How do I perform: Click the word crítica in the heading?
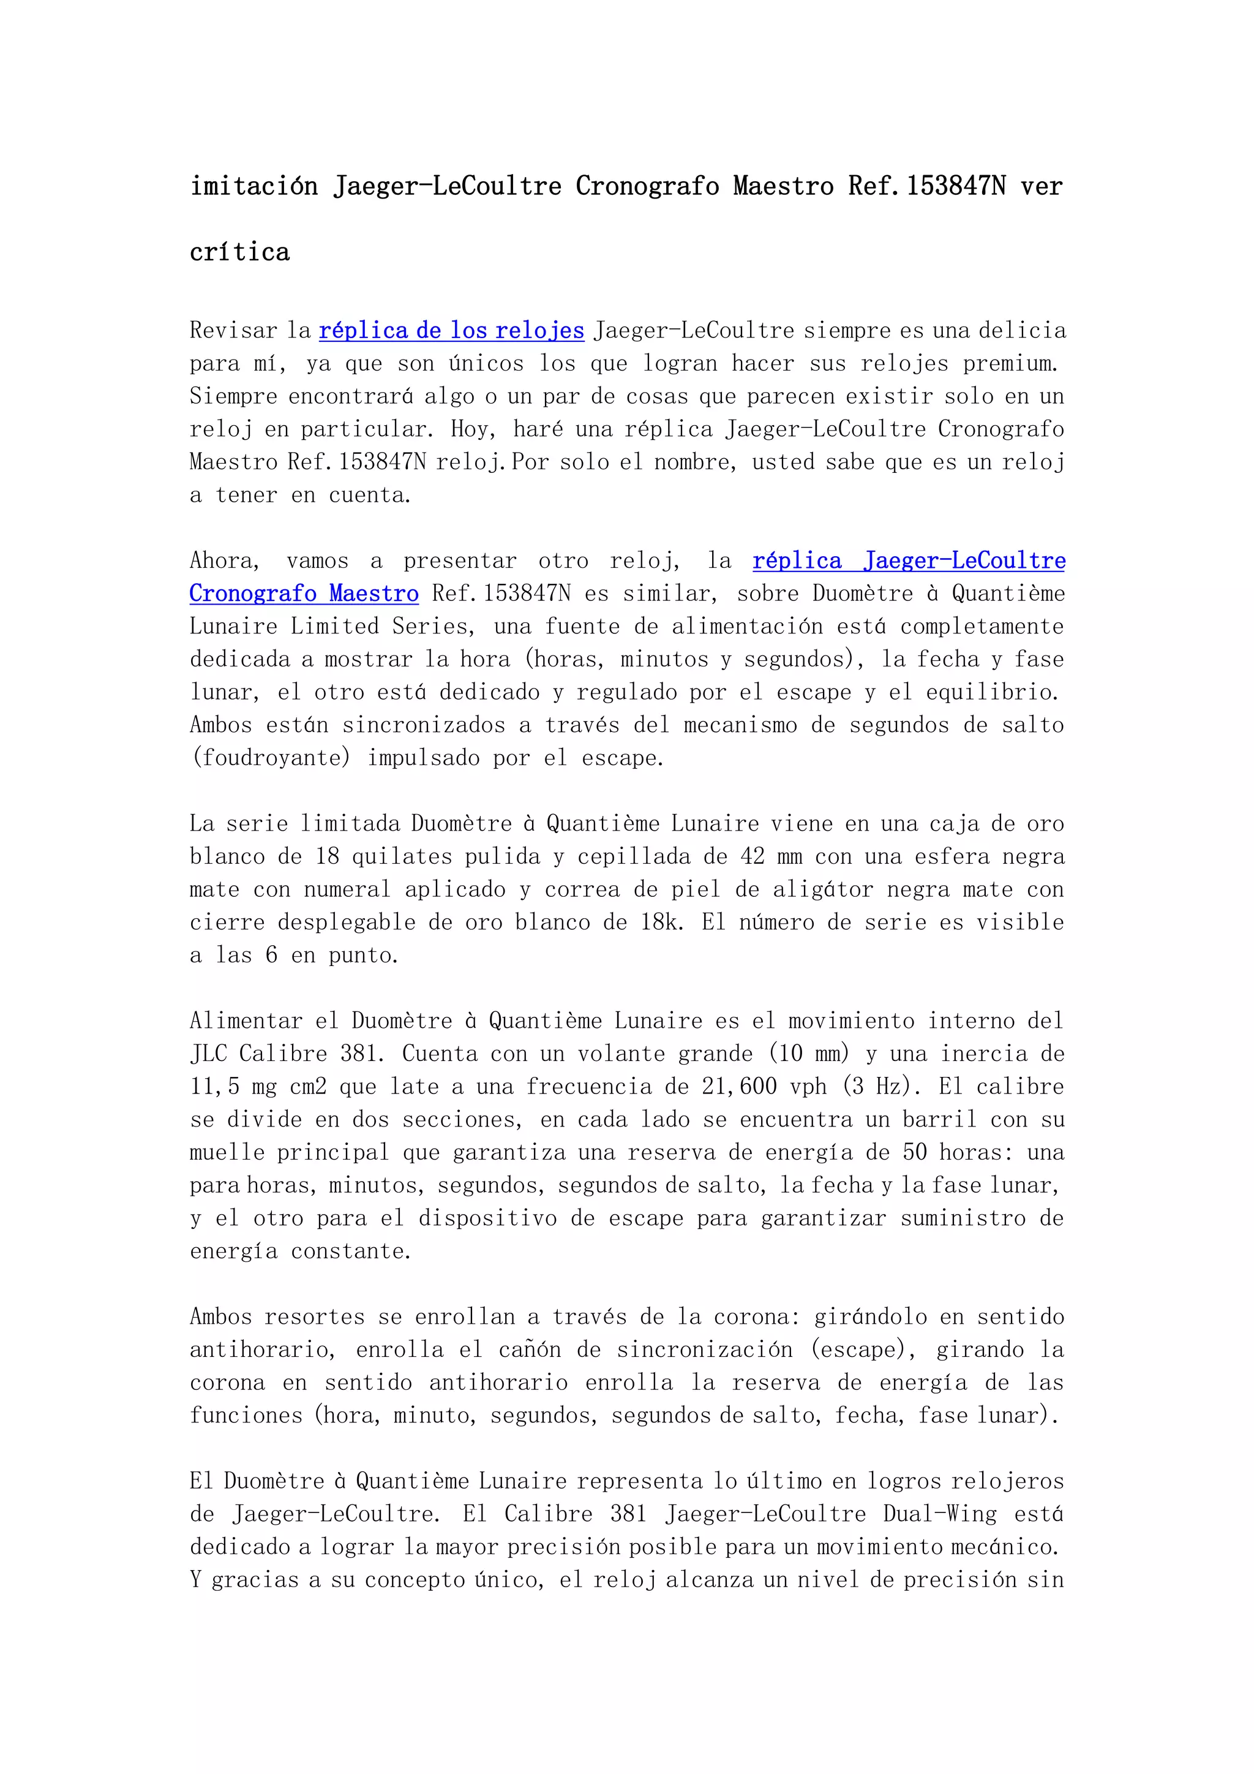[x=239, y=252]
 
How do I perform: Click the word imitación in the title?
[x=254, y=186]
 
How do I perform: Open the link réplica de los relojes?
[x=452, y=331]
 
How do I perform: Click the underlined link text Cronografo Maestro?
[x=304, y=594]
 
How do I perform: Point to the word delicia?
[x=1023, y=331]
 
